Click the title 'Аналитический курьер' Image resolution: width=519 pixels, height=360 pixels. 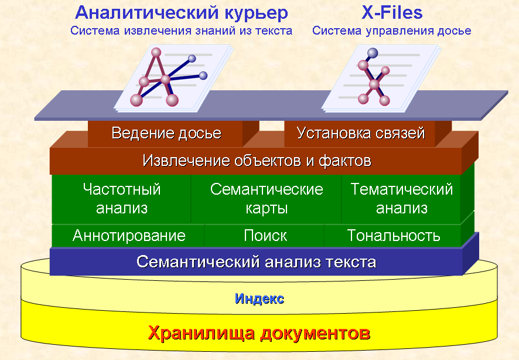pyautogui.click(x=182, y=13)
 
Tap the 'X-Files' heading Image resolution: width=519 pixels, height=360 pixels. pyautogui.click(x=392, y=12)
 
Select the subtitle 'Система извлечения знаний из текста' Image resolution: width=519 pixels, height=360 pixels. pyautogui.click(x=181, y=31)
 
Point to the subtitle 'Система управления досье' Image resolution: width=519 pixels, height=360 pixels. pyautogui.click(x=391, y=31)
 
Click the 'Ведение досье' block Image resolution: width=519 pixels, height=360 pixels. pyautogui.click(x=166, y=134)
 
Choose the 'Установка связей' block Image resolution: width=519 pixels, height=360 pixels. pyautogui.click(x=360, y=134)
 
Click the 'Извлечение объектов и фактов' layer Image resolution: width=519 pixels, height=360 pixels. pyautogui.click(x=256, y=161)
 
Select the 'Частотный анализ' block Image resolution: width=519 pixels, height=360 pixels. pyautogui.click(x=121, y=199)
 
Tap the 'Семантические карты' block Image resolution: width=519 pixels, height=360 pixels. pyautogui.click(x=267, y=199)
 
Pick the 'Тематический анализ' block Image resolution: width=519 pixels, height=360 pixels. pyautogui.click(x=401, y=199)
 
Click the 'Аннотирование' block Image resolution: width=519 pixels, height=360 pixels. pyautogui.click(x=128, y=236)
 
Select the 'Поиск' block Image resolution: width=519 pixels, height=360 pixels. pyautogui.click(x=265, y=236)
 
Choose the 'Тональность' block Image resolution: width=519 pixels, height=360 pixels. pyautogui.click(x=393, y=236)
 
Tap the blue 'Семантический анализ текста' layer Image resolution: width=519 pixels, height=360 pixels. pyautogui.click(x=256, y=262)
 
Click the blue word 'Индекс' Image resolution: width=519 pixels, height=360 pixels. pyautogui.click(x=259, y=299)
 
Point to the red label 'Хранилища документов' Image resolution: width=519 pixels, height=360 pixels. pyautogui.click(x=259, y=333)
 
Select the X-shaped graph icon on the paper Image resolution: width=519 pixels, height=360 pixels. pyautogui.click(x=373, y=77)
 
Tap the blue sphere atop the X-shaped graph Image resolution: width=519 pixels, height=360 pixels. pyautogui.click(x=373, y=53)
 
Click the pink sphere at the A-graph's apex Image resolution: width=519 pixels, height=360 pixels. pyautogui.click(x=156, y=52)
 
